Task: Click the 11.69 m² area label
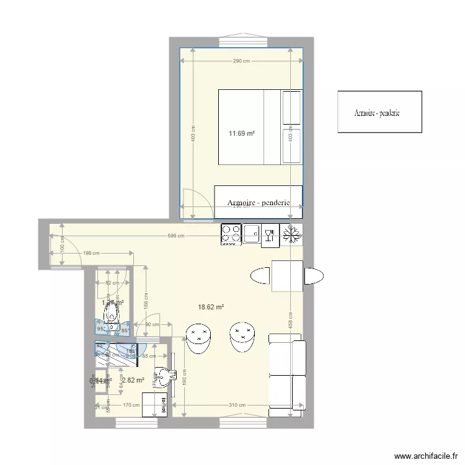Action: tap(242, 133)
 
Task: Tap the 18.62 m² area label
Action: tap(211, 306)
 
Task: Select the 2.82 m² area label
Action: tap(133, 380)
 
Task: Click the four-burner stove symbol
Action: tap(231, 234)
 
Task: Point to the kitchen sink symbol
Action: tap(252, 234)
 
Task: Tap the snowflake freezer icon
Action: tap(291, 234)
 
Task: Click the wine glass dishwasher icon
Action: tap(270, 234)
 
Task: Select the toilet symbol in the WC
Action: tap(112, 316)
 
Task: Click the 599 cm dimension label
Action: tap(177, 236)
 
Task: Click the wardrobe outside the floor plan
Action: tap(379, 112)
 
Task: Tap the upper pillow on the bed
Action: tap(291, 107)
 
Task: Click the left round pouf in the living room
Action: tap(199, 338)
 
